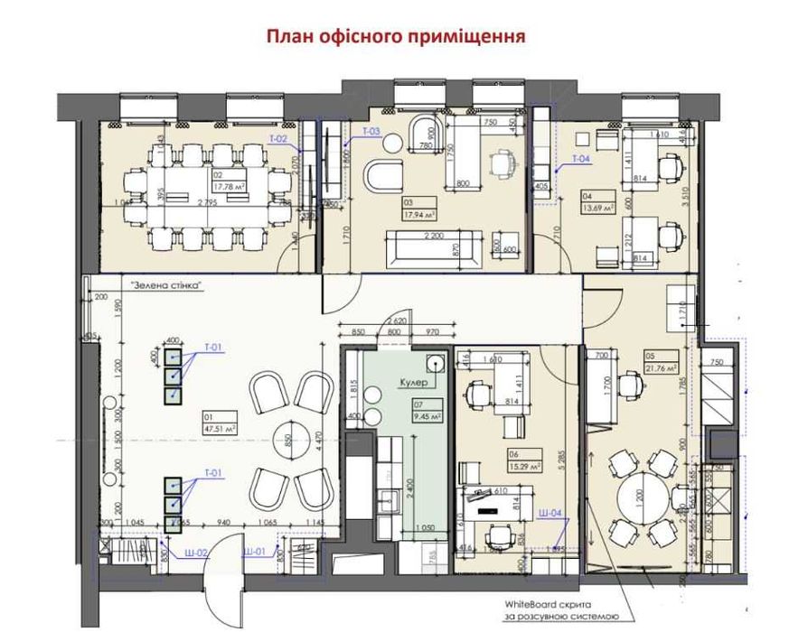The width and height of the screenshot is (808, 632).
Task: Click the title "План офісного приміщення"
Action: (395, 37)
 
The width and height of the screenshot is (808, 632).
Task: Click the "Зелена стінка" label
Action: (165, 284)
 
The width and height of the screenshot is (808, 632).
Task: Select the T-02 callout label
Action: (279, 139)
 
